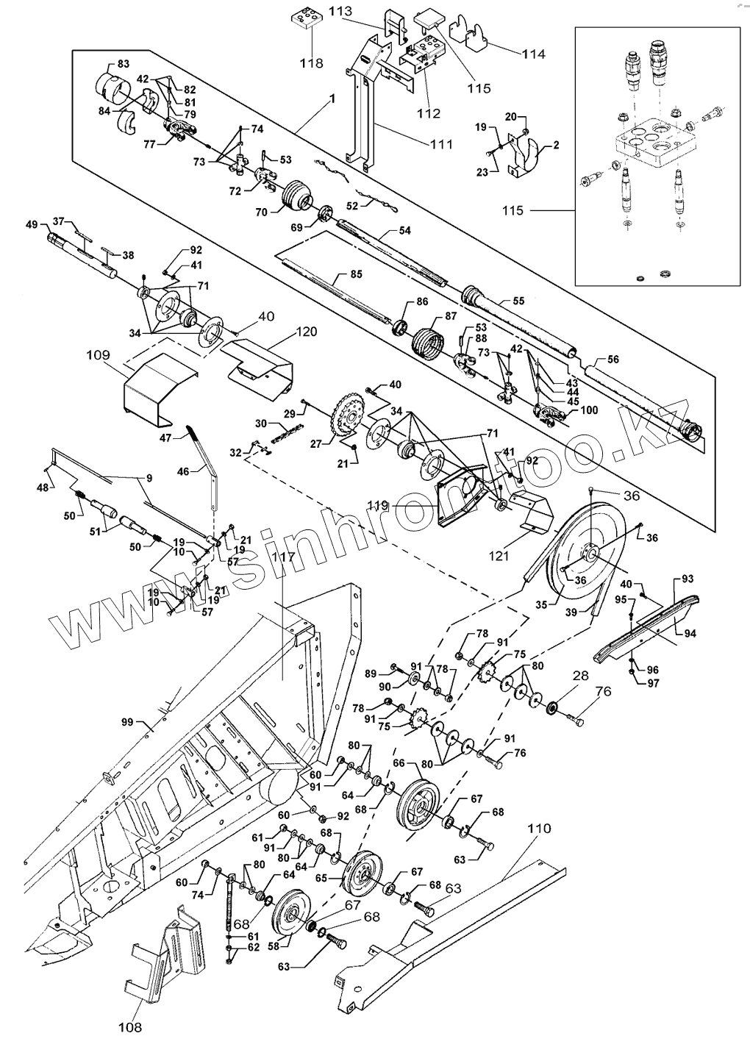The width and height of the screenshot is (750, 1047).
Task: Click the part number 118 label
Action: tap(311, 63)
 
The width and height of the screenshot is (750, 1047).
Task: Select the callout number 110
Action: tap(539, 829)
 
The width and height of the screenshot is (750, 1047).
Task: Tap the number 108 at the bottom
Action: tap(131, 1027)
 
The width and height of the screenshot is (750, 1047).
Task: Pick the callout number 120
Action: tap(307, 332)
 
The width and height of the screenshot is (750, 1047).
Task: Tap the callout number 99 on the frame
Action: tap(128, 723)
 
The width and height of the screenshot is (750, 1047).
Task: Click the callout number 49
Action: tap(31, 224)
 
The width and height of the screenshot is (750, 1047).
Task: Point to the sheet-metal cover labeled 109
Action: tap(158, 390)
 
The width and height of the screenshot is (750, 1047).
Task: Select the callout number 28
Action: tap(580, 674)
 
